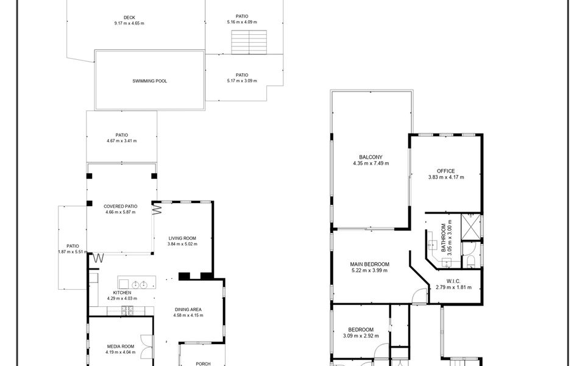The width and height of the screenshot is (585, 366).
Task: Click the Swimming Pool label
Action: point(150,81)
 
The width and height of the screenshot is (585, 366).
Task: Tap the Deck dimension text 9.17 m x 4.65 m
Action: point(129,23)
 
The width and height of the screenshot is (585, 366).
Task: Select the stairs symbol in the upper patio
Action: point(249,42)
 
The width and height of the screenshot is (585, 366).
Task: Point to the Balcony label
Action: point(370,157)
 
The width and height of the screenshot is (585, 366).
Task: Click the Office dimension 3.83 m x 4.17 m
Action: point(446,177)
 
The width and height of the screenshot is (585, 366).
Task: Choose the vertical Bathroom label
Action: point(444,239)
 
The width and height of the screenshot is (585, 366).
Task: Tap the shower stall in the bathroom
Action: point(470,227)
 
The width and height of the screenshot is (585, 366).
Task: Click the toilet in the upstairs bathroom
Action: point(470,261)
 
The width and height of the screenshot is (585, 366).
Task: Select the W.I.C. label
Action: point(453,281)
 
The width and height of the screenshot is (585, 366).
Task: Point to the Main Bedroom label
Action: point(369,264)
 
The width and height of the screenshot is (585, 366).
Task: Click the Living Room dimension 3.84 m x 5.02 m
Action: point(182,244)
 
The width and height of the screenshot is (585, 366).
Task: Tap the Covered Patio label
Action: point(120,206)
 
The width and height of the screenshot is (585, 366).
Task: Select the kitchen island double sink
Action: point(140,285)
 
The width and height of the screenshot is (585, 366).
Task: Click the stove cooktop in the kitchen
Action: point(127,310)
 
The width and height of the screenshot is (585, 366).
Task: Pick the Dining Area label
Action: point(188,309)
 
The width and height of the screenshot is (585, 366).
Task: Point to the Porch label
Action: point(203,364)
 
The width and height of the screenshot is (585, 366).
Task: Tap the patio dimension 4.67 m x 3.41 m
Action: point(122,141)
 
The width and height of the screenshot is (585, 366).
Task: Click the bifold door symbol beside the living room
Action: point(157,208)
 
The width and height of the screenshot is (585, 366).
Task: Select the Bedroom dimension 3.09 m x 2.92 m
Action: point(361,335)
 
